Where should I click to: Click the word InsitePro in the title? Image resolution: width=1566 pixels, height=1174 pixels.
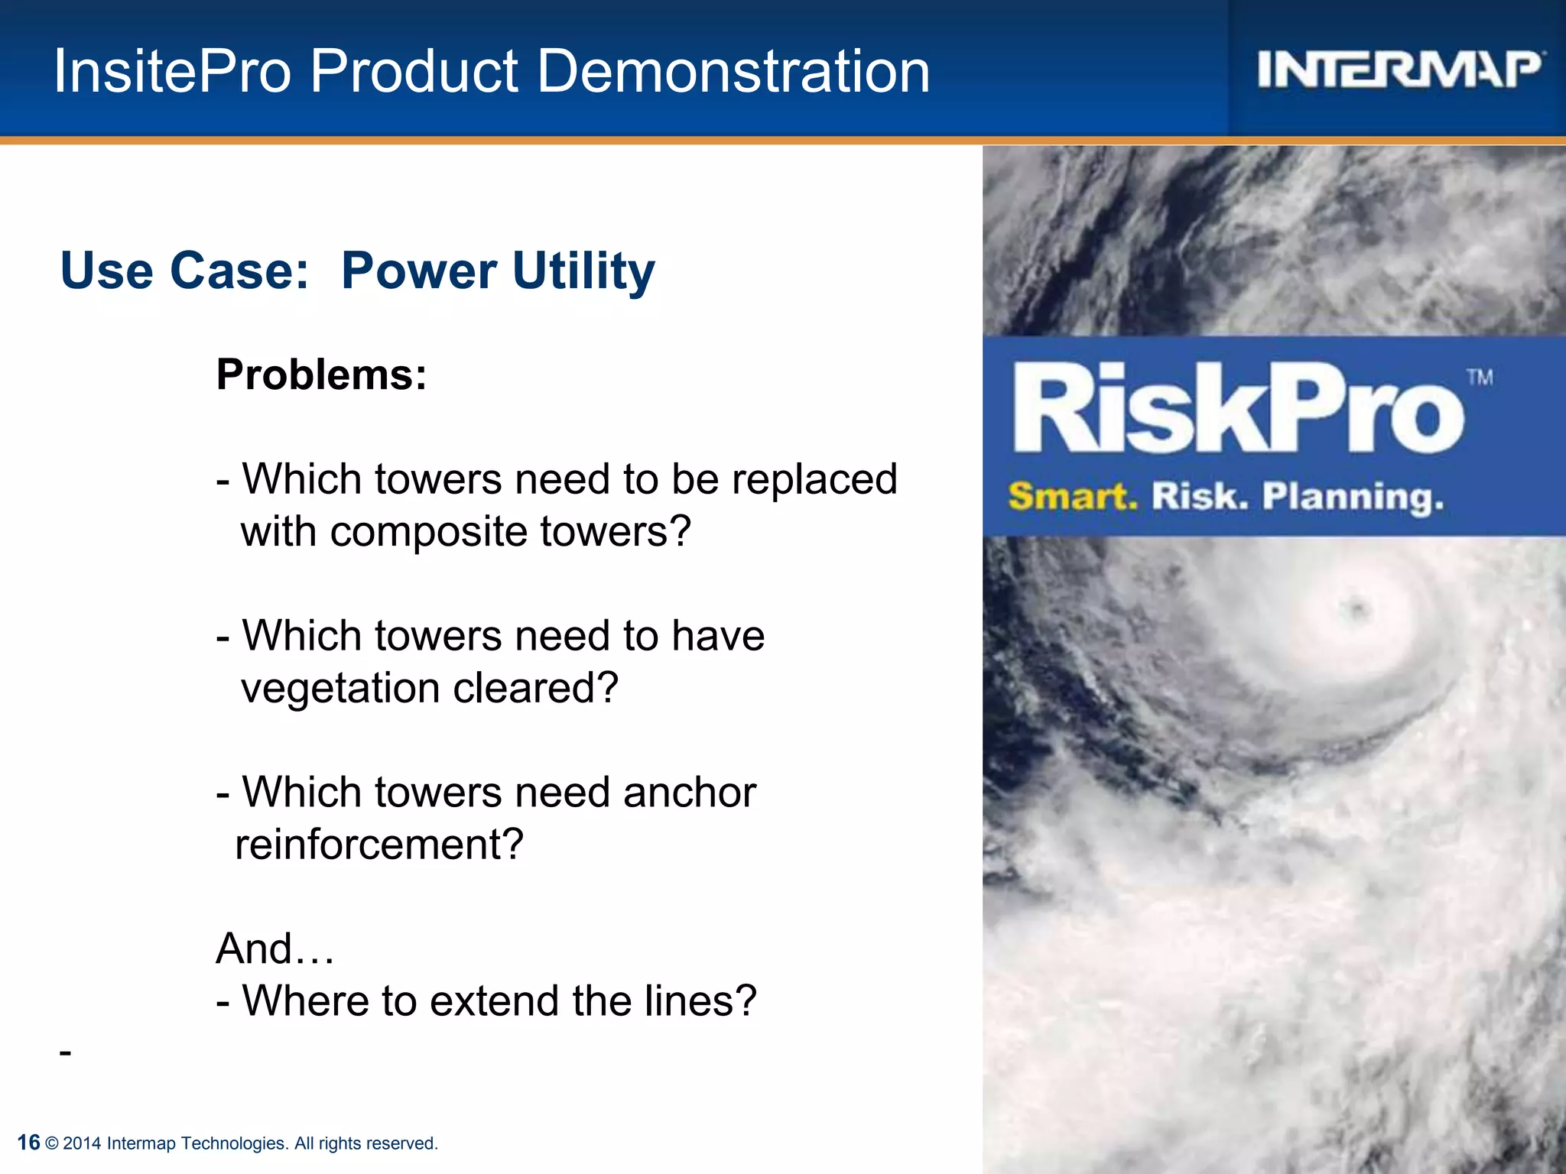(x=172, y=72)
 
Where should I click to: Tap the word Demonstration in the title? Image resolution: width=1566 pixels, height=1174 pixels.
(x=734, y=72)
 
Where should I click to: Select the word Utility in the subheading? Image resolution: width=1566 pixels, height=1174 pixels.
(x=583, y=271)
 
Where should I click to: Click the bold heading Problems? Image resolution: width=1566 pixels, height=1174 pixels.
(x=321, y=375)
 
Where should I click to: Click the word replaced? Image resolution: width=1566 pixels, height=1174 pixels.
(x=814, y=480)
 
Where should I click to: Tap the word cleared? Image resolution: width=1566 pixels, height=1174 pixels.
(x=535, y=688)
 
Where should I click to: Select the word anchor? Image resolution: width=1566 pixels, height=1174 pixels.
(x=689, y=793)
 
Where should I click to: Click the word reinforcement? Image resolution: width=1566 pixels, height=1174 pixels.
(x=379, y=845)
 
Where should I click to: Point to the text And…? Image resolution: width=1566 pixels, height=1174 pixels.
(x=275, y=949)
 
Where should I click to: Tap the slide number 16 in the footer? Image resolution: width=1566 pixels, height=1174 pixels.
(x=28, y=1143)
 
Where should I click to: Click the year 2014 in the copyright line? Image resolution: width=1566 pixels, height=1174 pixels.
(x=82, y=1143)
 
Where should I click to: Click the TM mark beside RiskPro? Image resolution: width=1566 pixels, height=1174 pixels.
(x=1480, y=378)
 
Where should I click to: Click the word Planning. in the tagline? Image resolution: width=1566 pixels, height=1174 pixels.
(x=1353, y=497)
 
